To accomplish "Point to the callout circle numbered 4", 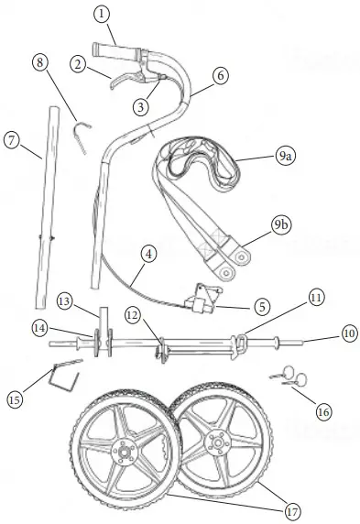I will point(148,254).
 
